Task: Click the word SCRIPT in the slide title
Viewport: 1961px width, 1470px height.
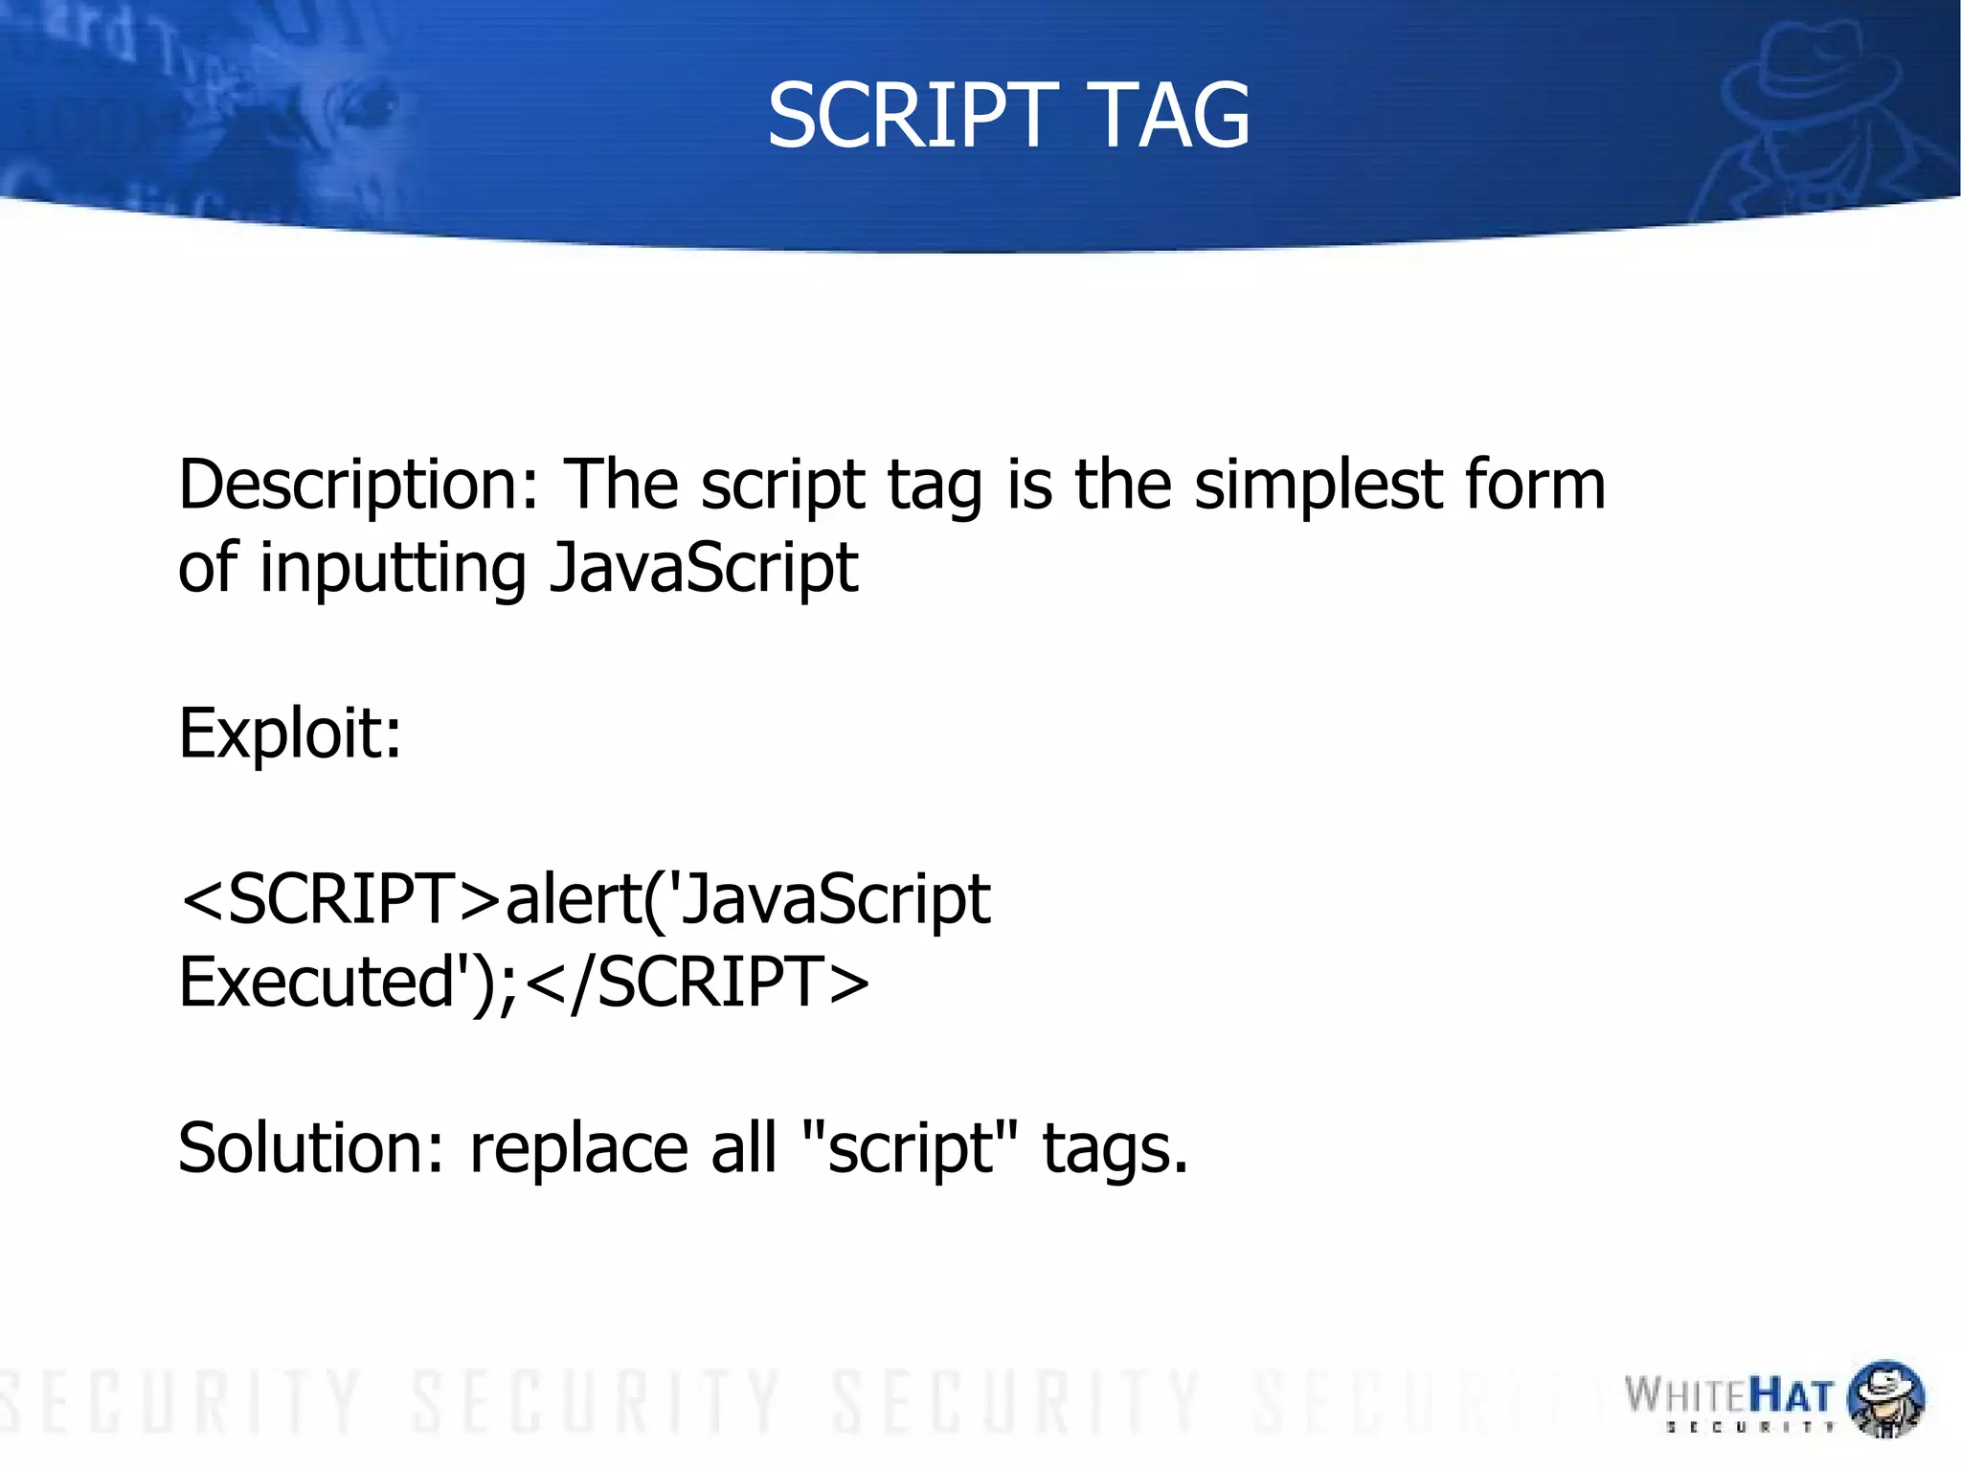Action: pos(913,116)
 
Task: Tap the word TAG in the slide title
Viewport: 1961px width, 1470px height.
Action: pos(1170,116)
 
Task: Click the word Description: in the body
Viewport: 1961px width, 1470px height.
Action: pos(359,486)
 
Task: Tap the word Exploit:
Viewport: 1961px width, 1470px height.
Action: pos(290,734)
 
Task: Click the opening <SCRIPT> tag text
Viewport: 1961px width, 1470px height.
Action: pos(341,900)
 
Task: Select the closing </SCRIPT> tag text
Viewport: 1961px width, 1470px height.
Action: pos(698,984)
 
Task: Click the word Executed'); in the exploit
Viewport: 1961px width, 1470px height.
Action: pos(347,984)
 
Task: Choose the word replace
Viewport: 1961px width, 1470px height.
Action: pos(578,1148)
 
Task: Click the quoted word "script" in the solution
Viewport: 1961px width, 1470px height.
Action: pos(911,1148)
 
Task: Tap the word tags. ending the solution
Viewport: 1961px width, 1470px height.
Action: pos(1116,1148)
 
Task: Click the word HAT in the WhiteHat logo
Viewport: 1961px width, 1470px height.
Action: pos(1791,1395)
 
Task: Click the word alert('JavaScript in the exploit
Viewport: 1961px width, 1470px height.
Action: pos(747,900)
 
